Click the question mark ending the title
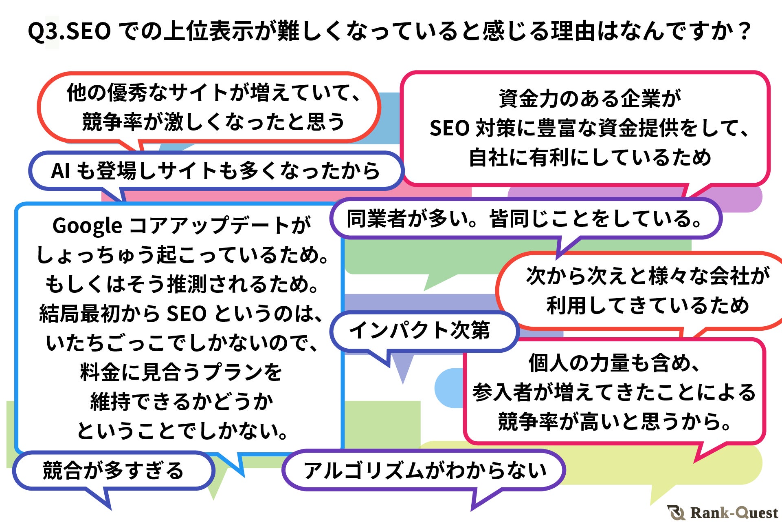point(745,32)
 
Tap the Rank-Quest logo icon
point(677,512)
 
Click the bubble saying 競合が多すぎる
point(113,471)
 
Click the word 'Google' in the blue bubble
point(87,226)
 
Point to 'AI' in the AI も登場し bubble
point(60,171)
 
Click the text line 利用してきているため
point(648,306)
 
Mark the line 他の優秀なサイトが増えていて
point(213,93)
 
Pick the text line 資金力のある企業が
point(590,99)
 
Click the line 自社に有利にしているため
point(590,157)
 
